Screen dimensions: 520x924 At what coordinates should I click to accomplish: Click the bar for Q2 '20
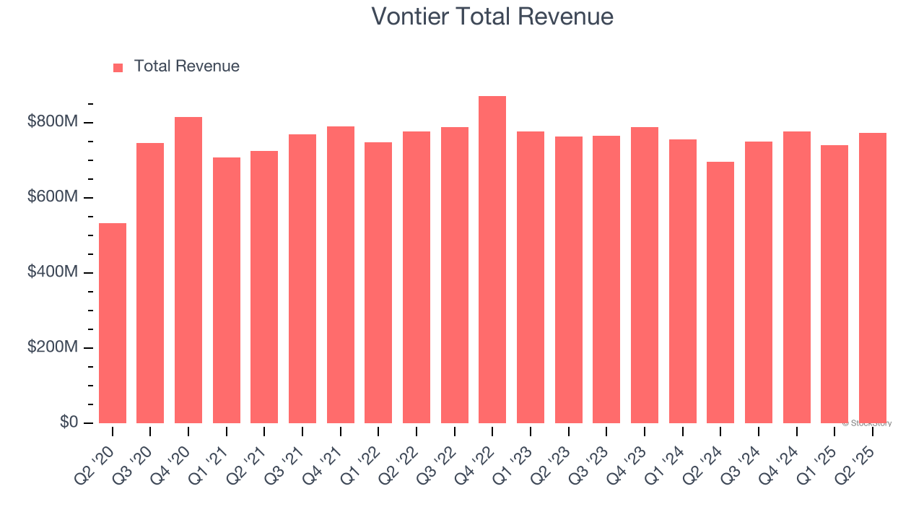[x=113, y=323]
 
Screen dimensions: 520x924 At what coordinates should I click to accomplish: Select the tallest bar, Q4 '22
[x=492, y=259]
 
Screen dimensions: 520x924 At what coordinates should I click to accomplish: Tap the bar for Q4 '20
[x=188, y=270]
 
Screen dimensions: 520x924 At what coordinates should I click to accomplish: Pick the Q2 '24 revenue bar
[x=720, y=292]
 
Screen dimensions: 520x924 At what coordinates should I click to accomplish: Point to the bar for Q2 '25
[x=872, y=278]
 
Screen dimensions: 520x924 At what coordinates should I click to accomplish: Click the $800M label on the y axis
[x=53, y=122]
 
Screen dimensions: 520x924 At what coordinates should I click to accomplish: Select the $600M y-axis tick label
[x=53, y=197]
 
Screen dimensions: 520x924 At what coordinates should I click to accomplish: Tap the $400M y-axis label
[x=53, y=272]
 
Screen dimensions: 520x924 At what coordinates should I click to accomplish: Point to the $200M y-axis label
[x=53, y=347]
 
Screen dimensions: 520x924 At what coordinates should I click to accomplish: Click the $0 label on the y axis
[x=69, y=422]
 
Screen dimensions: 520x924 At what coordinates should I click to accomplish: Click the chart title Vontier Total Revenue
[x=492, y=16]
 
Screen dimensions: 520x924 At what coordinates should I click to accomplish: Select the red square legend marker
[x=118, y=67]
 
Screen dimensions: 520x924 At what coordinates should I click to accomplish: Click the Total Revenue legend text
[x=186, y=66]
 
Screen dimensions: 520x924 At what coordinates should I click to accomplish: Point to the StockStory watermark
[x=867, y=423]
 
